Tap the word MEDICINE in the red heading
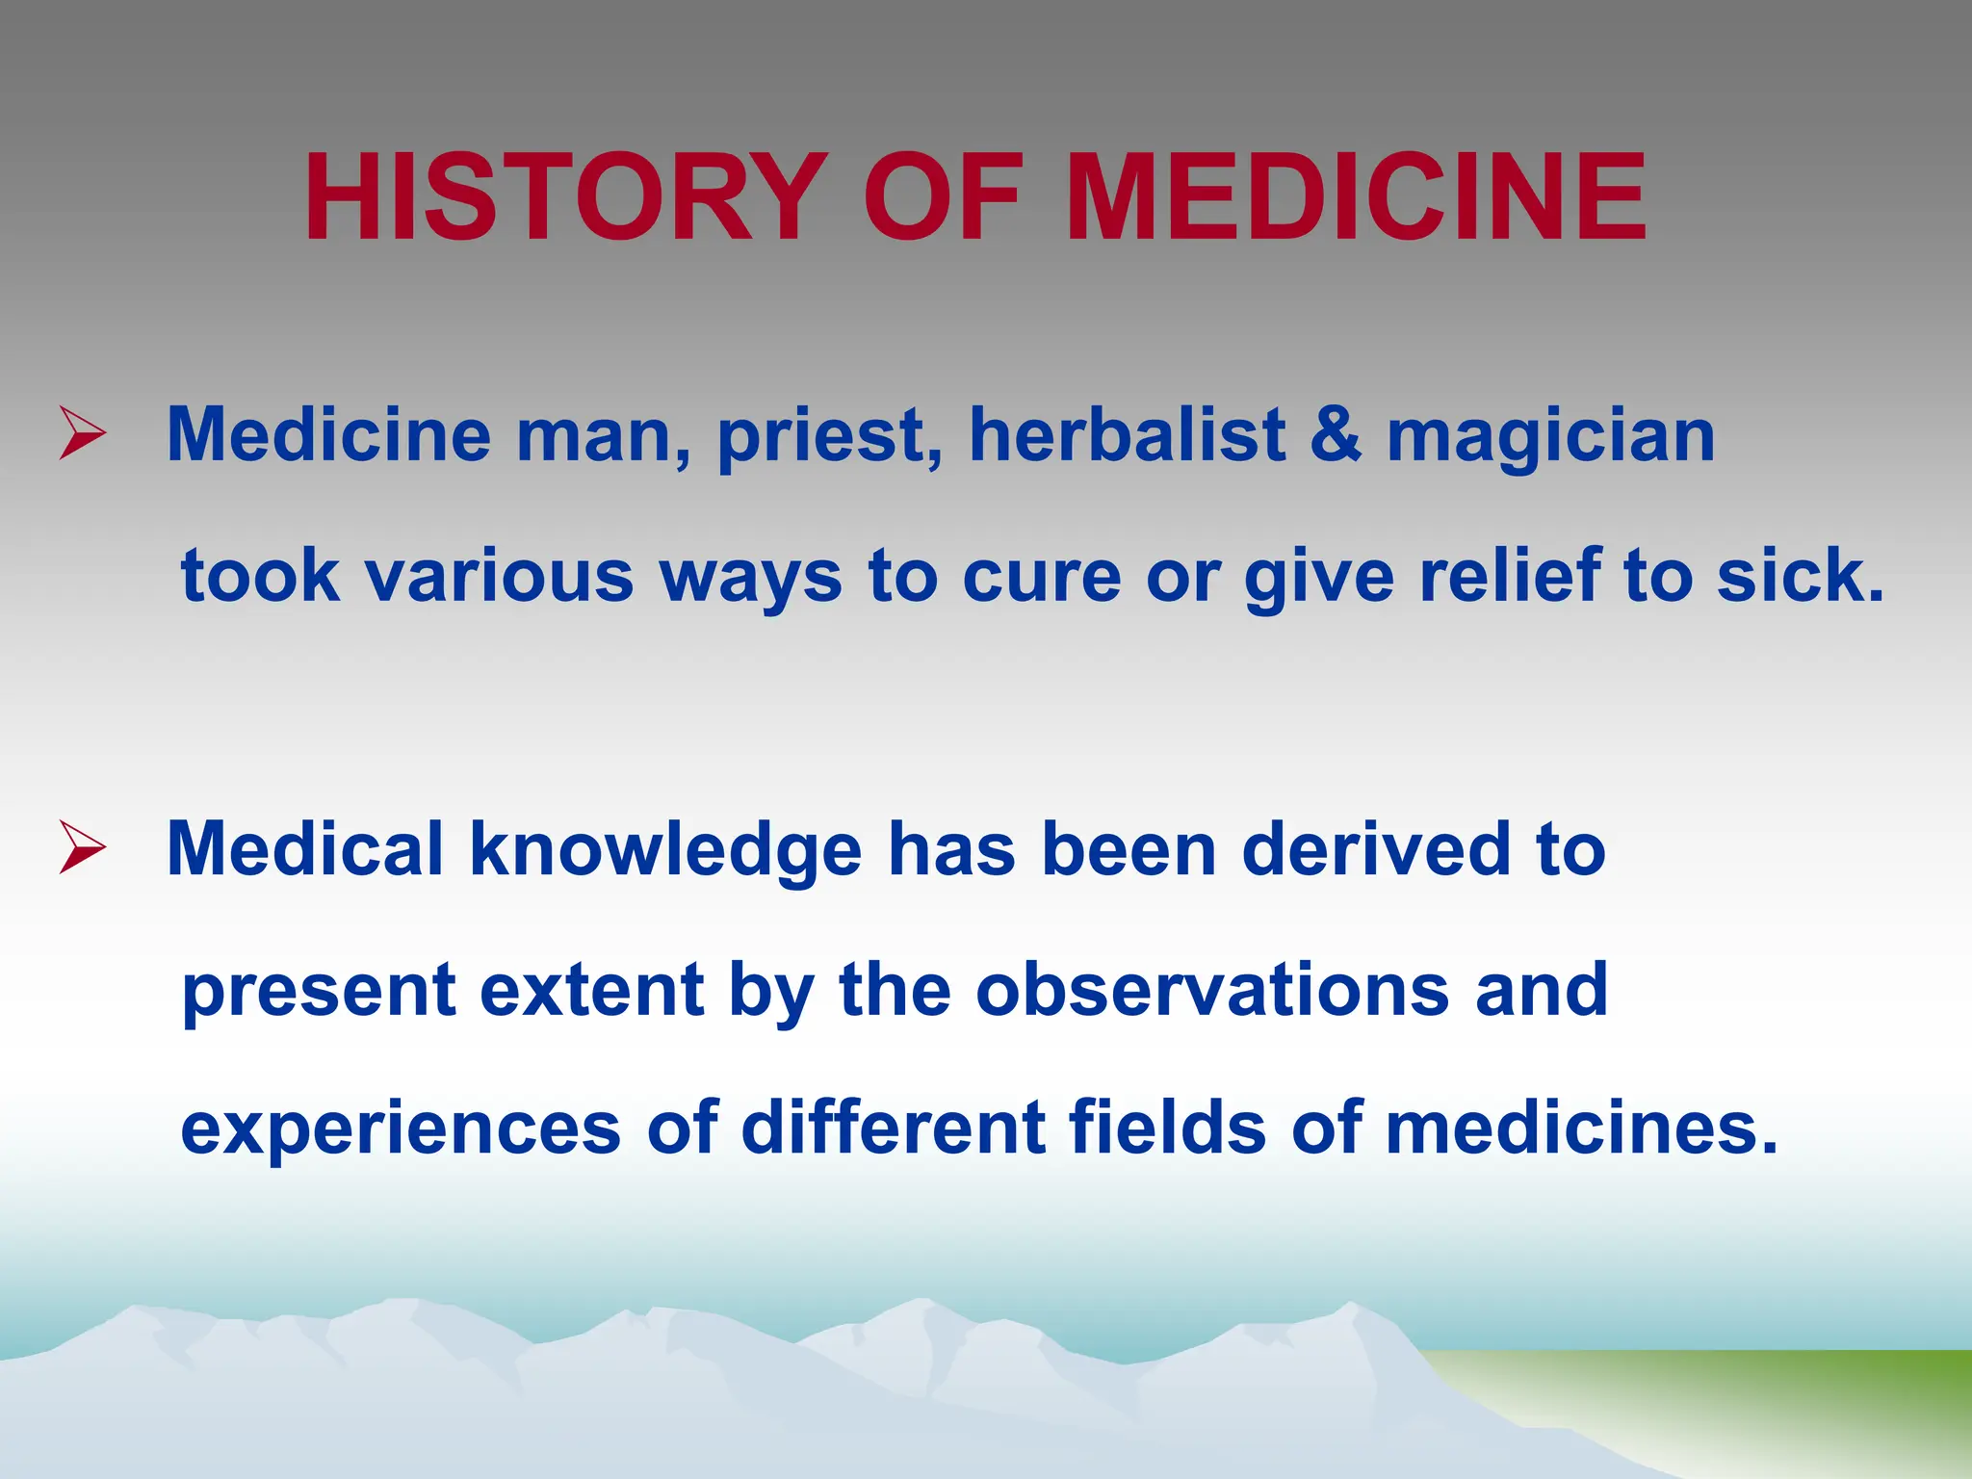[x=1356, y=198]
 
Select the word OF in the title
[x=942, y=198]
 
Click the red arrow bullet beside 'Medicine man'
[x=82, y=432]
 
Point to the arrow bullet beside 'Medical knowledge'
[x=82, y=846]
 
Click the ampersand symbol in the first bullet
[x=1336, y=435]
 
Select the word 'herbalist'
[x=1127, y=435]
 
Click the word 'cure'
[x=1042, y=577]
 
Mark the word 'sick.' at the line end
[x=1800, y=575]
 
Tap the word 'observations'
[x=1211, y=989]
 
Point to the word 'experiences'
[x=401, y=1129]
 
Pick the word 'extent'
[x=591, y=989]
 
